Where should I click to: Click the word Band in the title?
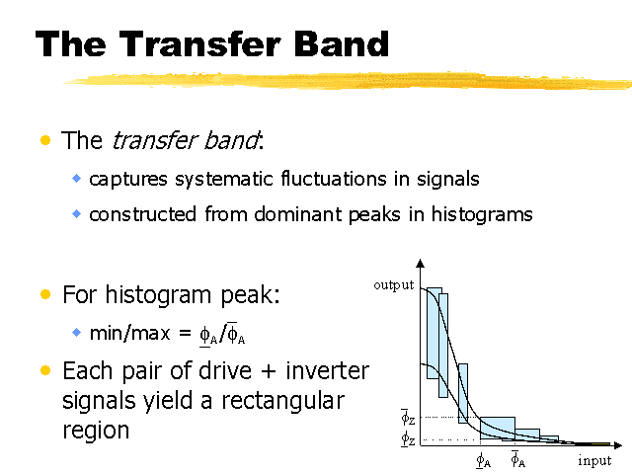click(x=341, y=43)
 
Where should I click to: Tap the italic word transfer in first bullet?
click(x=154, y=140)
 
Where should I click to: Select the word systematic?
click(x=224, y=180)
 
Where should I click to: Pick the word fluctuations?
click(x=334, y=179)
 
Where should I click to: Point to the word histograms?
click(x=482, y=214)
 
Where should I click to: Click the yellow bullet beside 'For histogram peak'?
click(x=45, y=294)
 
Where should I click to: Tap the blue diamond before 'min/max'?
click(x=76, y=333)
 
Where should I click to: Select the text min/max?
click(x=129, y=333)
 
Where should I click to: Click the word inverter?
click(x=327, y=370)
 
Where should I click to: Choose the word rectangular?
click(x=283, y=401)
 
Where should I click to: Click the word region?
click(x=96, y=432)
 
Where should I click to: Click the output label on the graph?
click(x=393, y=285)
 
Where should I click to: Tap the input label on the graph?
click(x=594, y=460)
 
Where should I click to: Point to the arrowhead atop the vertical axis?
click(x=421, y=264)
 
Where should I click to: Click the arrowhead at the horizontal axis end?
click(x=618, y=445)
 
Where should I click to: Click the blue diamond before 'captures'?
click(x=76, y=178)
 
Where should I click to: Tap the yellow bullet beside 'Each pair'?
click(x=45, y=370)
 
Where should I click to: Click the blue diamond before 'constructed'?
click(x=76, y=213)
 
